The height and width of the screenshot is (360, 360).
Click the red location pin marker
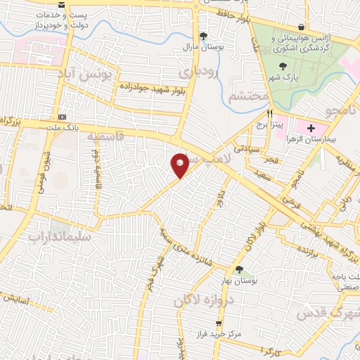pos(180,165)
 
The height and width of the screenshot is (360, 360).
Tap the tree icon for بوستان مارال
pos(204,35)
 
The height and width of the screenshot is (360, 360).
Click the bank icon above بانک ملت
pos(63,116)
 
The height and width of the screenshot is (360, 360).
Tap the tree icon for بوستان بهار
pos(239,270)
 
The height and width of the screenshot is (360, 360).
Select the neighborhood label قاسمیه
pos(103,140)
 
